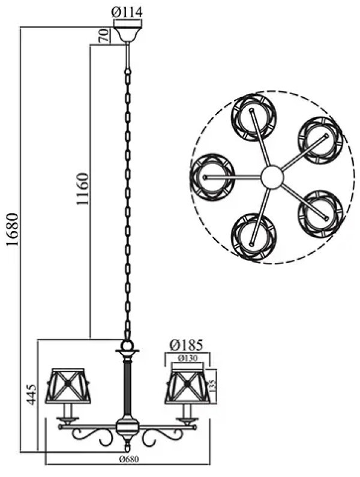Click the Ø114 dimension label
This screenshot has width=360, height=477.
127,12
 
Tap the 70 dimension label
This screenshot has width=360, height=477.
104,36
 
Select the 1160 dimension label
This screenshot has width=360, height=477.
82,189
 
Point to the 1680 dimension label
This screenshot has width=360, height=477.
13,230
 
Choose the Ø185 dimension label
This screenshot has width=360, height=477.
187,345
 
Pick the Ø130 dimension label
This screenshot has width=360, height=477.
187,358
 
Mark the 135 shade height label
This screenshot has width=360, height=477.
214,386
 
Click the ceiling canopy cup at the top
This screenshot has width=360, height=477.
128,34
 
